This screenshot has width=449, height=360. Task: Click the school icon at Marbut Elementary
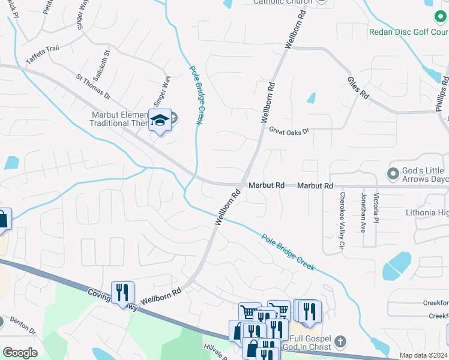pyautogui.click(x=160, y=120)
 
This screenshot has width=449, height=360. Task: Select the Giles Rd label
pyautogui.click(x=357, y=88)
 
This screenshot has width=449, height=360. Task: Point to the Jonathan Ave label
pyautogui.click(x=363, y=213)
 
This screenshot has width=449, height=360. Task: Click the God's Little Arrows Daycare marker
pyautogui.click(x=393, y=173)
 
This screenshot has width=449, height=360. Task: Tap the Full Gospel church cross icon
pyautogui.click(x=340, y=342)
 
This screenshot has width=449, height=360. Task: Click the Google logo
pyautogui.click(x=20, y=353)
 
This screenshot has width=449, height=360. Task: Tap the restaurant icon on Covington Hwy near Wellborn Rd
pyautogui.click(x=122, y=292)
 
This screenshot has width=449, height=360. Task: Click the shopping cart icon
pyautogui.click(x=249, y=312)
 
